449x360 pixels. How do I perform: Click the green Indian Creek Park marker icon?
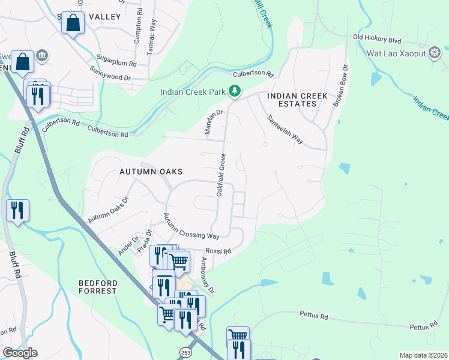point(235,91)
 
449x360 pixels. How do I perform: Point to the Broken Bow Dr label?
point(340,86)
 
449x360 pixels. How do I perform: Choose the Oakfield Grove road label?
point(220,174)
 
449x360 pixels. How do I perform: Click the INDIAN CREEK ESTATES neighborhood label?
point(297,100)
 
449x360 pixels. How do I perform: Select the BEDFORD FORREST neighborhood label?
point(97,286)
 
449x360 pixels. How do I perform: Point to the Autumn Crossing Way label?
point(191,226)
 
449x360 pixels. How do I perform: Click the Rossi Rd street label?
point(218,251)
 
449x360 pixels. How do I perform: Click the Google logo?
point(20,353)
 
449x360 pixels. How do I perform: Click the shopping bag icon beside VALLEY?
point(73,23)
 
